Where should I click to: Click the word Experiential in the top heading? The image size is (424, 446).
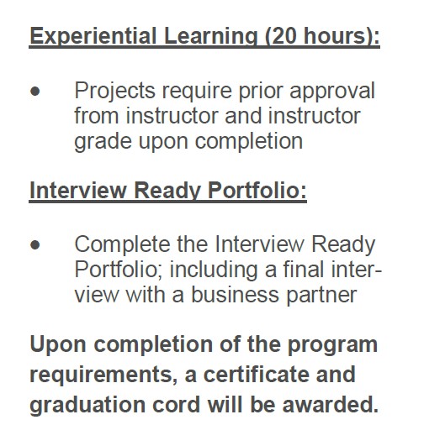[93, 36]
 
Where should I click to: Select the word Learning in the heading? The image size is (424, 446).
[211, 36]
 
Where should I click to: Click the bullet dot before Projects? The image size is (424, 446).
[35, 92]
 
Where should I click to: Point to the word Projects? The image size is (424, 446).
[114, 92]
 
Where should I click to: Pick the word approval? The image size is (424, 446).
[332, 92]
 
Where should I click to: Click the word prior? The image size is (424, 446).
[261, 92]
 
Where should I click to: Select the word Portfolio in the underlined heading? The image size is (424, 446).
[257, 191]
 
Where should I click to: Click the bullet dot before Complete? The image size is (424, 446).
[35, 245]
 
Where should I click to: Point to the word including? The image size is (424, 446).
[214, 270]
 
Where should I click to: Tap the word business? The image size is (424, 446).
[235, 295]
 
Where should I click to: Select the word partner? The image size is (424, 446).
[321, 296]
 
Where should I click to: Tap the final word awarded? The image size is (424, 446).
[331, 405]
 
